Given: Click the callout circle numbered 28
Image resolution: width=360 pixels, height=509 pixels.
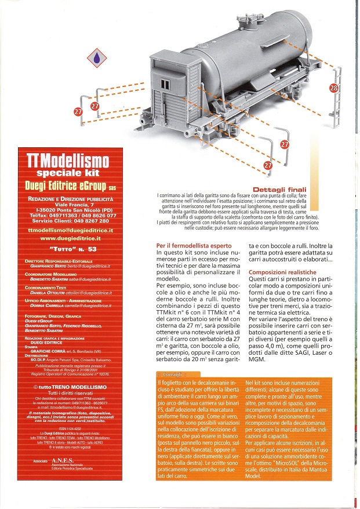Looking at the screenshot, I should [333, 88].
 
